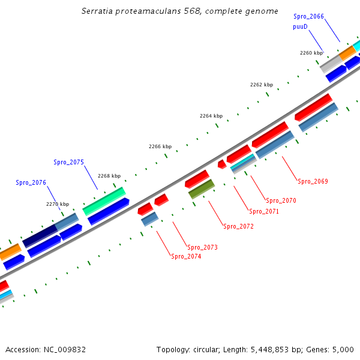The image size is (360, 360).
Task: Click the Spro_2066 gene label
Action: (x=308, y=16)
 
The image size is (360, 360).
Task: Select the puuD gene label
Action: (x=301, y=27)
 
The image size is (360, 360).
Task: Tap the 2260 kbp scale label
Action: (x=311, y=53)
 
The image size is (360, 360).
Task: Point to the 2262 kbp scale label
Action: (x=262, y=85)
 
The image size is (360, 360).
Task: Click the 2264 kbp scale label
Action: (x=211, y=116)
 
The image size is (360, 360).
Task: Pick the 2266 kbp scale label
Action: (x=160, y=146)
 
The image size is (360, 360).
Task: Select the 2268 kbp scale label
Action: (x=109, y=176)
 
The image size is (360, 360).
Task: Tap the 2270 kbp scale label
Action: (x=58, y=204)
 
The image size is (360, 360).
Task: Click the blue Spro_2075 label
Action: (x=68, y=162)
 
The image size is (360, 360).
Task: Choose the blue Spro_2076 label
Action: (x=31, y=182)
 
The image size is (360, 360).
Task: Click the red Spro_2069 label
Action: (x=313, y=181)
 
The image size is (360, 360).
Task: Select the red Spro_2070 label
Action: (x=281, y=200)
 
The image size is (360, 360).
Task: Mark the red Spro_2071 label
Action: (x=264, y=211)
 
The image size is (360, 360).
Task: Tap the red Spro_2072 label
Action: (x=238, y=226)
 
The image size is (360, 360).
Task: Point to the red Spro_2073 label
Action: (x=202, y=247)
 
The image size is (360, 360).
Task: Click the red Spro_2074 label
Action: (x=186, y=256)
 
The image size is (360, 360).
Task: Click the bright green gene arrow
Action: (x=104, y=201)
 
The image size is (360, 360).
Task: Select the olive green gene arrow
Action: (x=202, y=189)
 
